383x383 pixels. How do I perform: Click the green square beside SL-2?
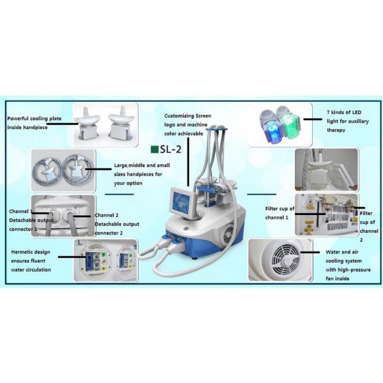point(154,149)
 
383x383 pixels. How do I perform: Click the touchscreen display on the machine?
point(181,202)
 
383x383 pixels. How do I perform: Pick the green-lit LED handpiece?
point(289,123)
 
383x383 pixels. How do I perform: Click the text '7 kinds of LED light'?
point(348,117)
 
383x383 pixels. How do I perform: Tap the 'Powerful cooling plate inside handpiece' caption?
point(34,123)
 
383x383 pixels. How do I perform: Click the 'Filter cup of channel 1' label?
point(280,213)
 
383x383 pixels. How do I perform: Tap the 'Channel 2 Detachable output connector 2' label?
point(117,224)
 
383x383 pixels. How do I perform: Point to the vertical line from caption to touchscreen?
point(188,161)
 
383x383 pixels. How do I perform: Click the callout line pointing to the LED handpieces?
point(313,119)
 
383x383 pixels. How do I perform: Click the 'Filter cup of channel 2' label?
point(368,227)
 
